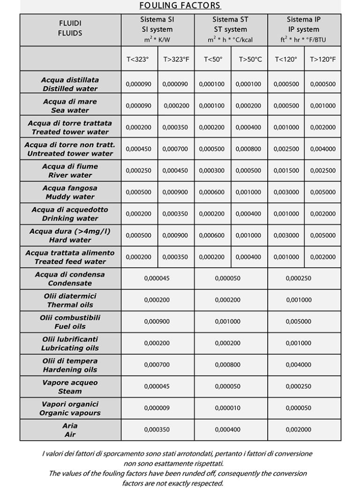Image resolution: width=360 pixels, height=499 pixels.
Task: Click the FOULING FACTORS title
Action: coord(180,6)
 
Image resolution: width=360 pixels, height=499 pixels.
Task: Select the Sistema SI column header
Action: coord(157,30)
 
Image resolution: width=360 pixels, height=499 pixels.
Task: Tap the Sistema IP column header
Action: coord(304,30)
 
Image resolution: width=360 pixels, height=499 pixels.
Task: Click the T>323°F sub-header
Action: coord(176,60)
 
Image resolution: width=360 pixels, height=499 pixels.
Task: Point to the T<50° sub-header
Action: coord(213,60)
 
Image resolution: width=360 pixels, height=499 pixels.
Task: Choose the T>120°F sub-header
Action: coord(322,60)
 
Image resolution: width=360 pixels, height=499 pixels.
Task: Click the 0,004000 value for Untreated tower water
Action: coord(322,149)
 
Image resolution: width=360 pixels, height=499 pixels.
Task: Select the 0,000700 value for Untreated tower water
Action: coord(176,149)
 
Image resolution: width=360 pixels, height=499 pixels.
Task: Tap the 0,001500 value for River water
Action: coord(286,171)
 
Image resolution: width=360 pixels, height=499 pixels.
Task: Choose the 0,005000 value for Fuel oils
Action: coord(298,322)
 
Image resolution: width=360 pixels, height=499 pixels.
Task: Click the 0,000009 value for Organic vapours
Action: coord(157,408)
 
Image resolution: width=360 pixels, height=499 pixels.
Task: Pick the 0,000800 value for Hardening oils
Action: coord(227,365)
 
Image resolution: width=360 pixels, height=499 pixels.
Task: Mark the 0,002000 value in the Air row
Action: coord(298,430)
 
